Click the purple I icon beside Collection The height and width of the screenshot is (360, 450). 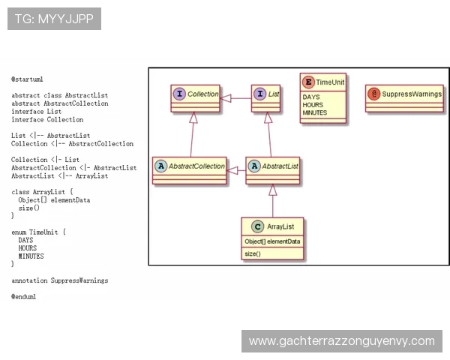179,94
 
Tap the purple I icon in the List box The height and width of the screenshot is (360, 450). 260,94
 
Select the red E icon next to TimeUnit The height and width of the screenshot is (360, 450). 308,82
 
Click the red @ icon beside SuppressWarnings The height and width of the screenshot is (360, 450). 374,94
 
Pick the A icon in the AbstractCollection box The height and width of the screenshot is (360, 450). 161,166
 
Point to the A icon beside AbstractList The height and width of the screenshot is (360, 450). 254,166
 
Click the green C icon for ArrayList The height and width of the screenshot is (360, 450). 257,226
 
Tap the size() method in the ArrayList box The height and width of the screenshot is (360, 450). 253,253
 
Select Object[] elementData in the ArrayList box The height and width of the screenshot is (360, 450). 272,241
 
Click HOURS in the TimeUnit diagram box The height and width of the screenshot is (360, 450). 313,105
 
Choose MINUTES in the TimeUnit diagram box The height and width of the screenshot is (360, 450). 315,112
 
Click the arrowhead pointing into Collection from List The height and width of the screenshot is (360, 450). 225,98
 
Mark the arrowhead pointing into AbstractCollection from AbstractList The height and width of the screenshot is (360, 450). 232,170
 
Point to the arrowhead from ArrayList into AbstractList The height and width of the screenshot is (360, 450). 273,190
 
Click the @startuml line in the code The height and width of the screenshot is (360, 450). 27,79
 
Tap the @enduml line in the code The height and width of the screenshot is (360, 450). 24,296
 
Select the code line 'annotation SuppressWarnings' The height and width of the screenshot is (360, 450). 60,280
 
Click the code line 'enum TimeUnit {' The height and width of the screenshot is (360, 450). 38,232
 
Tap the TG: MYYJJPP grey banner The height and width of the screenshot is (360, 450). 54,19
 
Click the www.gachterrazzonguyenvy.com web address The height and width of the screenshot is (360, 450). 342,341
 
